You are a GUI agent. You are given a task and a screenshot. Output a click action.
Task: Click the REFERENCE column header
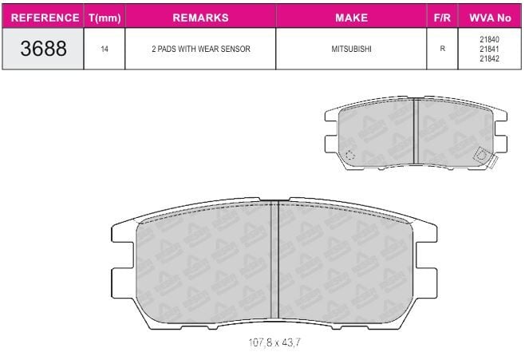(x=45, y=18)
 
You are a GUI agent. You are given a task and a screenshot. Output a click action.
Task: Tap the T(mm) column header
(x=105, y=18)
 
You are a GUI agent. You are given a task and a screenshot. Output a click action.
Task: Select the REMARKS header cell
(x=200, y=18)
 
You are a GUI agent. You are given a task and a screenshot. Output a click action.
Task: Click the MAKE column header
(x=352, y=18)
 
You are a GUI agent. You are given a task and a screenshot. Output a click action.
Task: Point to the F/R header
(x=442, y=18)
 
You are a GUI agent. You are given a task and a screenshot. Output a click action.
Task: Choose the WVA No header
(x=490, y=18)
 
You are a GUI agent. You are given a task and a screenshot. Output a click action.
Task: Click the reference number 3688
(x=44, y=49)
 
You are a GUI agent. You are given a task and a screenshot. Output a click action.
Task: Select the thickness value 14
(x=105, y=49)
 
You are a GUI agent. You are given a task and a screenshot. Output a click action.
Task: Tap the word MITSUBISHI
(x=352, y=49)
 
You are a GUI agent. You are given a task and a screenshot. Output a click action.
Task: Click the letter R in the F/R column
(x=443, y=49)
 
